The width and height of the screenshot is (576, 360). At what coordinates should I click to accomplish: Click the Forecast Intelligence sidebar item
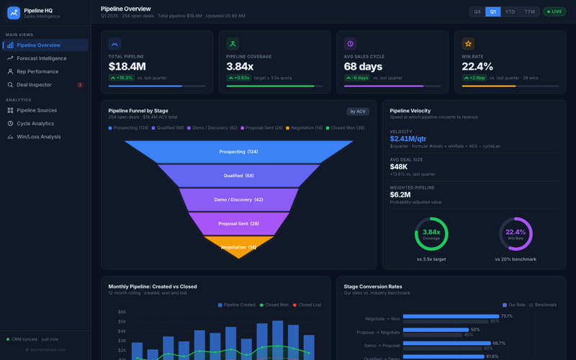[x=41, y=58]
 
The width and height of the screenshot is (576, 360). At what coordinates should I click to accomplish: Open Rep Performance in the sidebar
[x=37, y=71]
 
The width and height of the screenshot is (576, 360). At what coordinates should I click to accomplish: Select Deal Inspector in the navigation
[x=34, y=85]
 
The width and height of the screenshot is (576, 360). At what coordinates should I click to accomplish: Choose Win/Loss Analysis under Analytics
[x=38, y=137]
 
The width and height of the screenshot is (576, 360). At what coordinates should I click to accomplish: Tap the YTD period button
[x=510, y=12]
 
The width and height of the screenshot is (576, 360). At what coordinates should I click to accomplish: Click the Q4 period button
[x=477, y=12]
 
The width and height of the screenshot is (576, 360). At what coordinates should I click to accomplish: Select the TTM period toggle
[x=529, y=12]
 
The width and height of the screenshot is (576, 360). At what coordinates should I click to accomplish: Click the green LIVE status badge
[x=554, y=12]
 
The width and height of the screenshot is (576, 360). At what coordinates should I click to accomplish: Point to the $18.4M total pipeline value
[x=127, y=66]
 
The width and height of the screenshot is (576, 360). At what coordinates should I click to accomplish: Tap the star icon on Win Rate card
[x=468, y=44]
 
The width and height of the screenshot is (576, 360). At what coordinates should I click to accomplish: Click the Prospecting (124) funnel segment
[x=238, y=152]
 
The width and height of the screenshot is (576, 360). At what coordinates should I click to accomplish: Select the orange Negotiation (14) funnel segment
[x=238, y=247]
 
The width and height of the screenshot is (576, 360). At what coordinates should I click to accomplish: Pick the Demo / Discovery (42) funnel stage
[x=238, y=199]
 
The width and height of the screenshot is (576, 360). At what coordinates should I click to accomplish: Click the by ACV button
[x=357, y=112]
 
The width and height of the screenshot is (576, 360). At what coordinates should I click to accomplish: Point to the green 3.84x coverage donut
[x=431, y=233]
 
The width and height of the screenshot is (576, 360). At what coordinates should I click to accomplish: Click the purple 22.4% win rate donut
[x=516, y=233]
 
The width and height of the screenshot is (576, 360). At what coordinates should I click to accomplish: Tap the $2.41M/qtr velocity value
[x=408, y=139]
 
